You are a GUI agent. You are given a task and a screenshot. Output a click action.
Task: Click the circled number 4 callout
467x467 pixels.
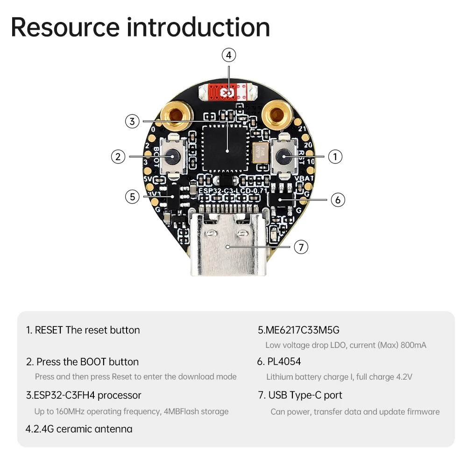point(228,55)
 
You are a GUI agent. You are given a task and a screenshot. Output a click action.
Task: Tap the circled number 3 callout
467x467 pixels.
point(133,121)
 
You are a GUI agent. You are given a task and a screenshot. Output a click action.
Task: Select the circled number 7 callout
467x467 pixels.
point(301,247)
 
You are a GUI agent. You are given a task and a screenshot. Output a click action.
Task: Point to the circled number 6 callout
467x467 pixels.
point(338,199)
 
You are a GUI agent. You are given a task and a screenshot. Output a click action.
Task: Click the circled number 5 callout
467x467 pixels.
point(133,197)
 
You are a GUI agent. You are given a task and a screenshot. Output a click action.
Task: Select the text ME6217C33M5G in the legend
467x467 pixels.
point(298,330)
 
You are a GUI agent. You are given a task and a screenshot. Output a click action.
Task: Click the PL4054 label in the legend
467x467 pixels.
point(284,361)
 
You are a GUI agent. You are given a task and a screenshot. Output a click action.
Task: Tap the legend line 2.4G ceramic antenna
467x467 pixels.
point(79,429)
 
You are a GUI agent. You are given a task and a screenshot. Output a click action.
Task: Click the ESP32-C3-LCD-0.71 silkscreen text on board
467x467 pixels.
point(232,191)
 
